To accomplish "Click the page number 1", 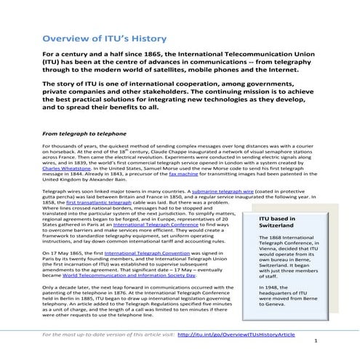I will [x=315, y=341].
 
